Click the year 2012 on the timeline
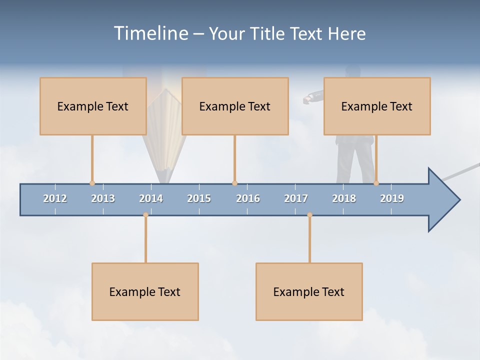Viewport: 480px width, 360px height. click(x=55, y=198)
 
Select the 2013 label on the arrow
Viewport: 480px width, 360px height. click(x=103, y=198)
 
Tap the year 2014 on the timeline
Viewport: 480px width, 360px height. click(x=151, y=198)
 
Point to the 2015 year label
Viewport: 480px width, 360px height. click(x=199, y=198)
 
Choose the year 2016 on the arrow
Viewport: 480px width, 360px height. click(x=248, y=198)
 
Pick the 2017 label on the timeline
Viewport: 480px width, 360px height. click(x=296, y=198)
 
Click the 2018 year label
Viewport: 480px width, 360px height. click(x=344, y=198)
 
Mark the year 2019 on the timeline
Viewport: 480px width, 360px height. click(x=392, y=198)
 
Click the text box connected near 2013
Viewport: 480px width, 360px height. click(x=93, y=106)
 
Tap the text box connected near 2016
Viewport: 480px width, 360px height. click(x=235, y=106)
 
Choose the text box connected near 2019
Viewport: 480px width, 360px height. click(x=377, y=106)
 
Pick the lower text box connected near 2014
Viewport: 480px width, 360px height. click(x=145, y=291)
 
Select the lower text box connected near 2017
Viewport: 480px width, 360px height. click(x=309, y=291)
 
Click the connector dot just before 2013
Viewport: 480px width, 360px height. click(x=92, y=183)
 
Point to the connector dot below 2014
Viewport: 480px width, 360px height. click(x=145, y=215)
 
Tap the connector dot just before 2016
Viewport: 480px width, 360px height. click(x=234, y=183)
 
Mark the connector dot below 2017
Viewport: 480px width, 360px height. click(x=309, y=215)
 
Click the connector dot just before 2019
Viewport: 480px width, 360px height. click(x=376, y=183)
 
